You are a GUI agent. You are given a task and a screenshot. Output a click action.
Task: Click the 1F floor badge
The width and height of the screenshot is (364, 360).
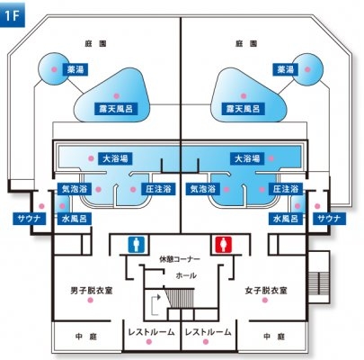tap(13, 15)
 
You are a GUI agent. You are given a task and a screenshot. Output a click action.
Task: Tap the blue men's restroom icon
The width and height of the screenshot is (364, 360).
tap(137, 244)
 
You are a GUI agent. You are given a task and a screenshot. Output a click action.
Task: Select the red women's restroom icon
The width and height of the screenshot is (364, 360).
tap(224, 244)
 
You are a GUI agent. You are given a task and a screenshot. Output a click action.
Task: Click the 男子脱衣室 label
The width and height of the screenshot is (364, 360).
tap(92, 291)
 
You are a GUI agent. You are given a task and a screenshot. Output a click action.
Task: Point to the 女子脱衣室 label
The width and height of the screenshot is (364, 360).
tap(266, 291)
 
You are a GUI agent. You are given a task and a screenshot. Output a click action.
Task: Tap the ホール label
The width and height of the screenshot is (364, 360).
tap(186, 275)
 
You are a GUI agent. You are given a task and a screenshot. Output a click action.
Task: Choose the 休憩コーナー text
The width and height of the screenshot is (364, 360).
tap(180, 258)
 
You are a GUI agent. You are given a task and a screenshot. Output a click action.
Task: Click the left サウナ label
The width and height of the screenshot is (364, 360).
tap(30, 219)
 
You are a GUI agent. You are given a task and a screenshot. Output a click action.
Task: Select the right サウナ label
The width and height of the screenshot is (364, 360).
tap(329, 219)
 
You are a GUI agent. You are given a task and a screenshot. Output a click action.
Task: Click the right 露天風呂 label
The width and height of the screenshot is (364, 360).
tap(243, 109)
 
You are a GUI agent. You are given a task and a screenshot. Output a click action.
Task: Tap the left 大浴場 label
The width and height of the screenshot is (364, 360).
tap(115, 158)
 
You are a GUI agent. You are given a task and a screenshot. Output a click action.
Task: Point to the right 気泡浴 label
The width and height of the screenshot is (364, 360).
tap(203, 189)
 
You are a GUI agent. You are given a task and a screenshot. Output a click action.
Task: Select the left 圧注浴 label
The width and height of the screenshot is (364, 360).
tap(158, 189)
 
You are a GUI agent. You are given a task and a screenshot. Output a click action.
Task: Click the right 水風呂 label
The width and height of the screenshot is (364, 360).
tap(286, 219)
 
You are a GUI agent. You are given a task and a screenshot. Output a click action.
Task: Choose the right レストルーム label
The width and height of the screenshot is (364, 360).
tap(209, 332)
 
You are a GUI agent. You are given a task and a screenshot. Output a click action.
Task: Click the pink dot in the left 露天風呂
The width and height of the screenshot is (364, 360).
tap(116, 96)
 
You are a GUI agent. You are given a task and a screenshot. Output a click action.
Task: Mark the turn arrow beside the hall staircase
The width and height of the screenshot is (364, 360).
tap(155, 305)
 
